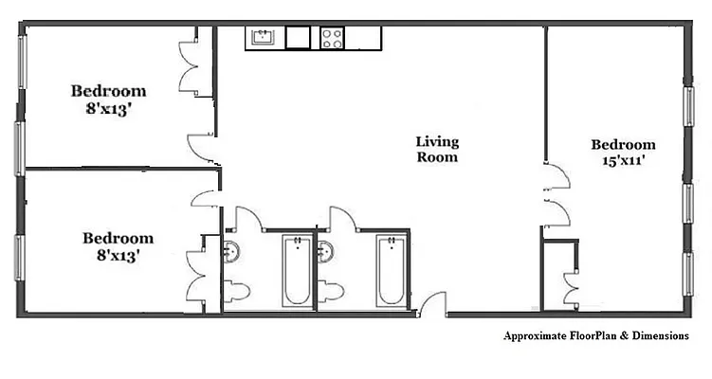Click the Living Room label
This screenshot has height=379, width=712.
(437, 150)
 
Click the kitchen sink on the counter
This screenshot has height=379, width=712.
(264, 38)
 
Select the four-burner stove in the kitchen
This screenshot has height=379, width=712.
(333, 38)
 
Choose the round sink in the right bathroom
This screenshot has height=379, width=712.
(325, 252)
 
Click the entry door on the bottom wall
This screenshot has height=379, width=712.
(433, 305)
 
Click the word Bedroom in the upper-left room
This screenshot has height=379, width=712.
(109, 91)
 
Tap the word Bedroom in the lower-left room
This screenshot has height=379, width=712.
(118, 239)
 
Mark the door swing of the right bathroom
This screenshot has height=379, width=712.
(341, 217)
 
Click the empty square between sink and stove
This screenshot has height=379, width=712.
(299, 38)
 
